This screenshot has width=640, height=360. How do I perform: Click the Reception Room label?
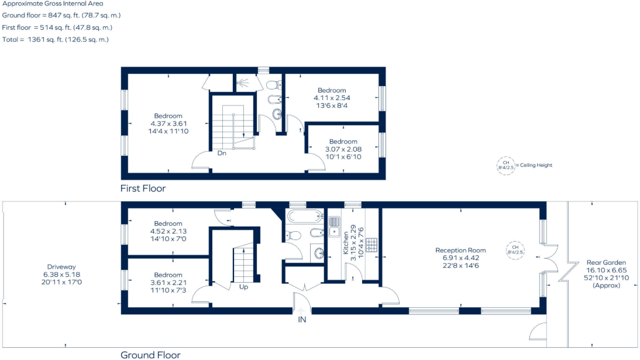(x=460, y=250)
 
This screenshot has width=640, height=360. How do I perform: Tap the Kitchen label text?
(x=346, y=243)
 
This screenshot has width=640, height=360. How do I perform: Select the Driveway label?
(x=61, y=267)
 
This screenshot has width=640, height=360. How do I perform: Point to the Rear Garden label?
(x=606, y=262)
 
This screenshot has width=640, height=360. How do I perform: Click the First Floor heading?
(x=143, y=188)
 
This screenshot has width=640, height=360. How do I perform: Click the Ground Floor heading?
(x=150, y=355)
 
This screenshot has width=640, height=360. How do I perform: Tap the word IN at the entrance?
(x=302, y=320)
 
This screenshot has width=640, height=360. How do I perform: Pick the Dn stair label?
(x=222, y=153)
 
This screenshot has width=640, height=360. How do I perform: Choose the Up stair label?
(x=244, y=287)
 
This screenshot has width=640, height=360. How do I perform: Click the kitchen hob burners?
(x=371, y=245)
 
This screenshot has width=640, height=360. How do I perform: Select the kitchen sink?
(x=334, y=227)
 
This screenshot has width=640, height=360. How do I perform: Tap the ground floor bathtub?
(x=304, y=216)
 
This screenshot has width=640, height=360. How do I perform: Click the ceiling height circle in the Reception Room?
(x=515, y=250)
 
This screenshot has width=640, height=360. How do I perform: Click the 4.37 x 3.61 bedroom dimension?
(x=168, y=124)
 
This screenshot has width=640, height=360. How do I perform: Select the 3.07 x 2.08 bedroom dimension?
(x=343, y=149)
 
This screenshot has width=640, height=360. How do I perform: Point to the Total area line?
(x=56, y=40)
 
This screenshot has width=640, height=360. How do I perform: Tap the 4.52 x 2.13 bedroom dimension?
(x=168, y=231)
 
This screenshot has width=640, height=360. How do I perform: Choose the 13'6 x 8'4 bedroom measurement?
(x=332, y=105)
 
